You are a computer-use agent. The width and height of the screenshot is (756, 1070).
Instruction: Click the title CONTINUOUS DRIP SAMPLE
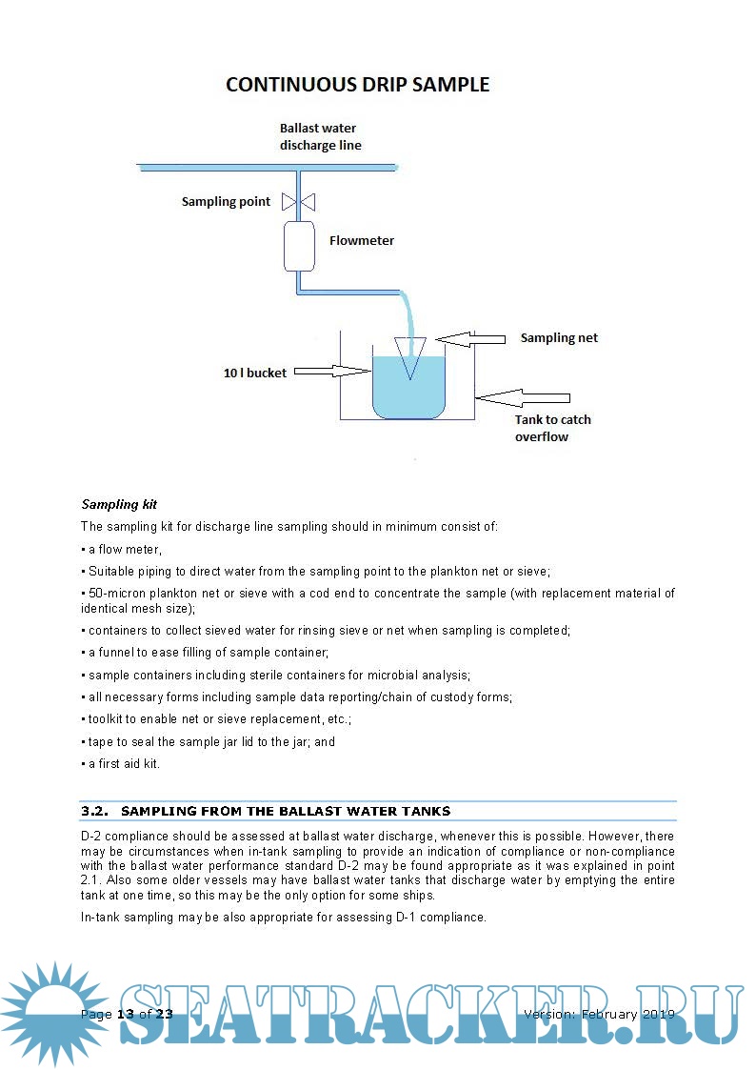(357, 85)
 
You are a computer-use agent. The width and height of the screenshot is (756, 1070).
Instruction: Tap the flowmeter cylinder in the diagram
(298, 245)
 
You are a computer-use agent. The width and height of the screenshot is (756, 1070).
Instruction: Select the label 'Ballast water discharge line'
(320, 136)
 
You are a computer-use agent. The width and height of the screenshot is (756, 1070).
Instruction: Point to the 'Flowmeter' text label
(362, 241)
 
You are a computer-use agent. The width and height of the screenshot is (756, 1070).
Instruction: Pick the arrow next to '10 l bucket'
(330, 373)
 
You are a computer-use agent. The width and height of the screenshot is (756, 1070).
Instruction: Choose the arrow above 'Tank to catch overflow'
(522, 396)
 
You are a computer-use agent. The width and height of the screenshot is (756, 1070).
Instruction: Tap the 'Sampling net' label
(559, 338)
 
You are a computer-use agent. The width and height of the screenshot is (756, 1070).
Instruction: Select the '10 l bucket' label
(254, 373)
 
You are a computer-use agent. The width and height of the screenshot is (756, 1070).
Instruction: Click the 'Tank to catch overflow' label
(553, 428)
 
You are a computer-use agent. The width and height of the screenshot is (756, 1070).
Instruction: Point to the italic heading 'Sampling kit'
(119, 504)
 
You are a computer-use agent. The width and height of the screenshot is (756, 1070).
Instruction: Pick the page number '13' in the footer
(126, 1014)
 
